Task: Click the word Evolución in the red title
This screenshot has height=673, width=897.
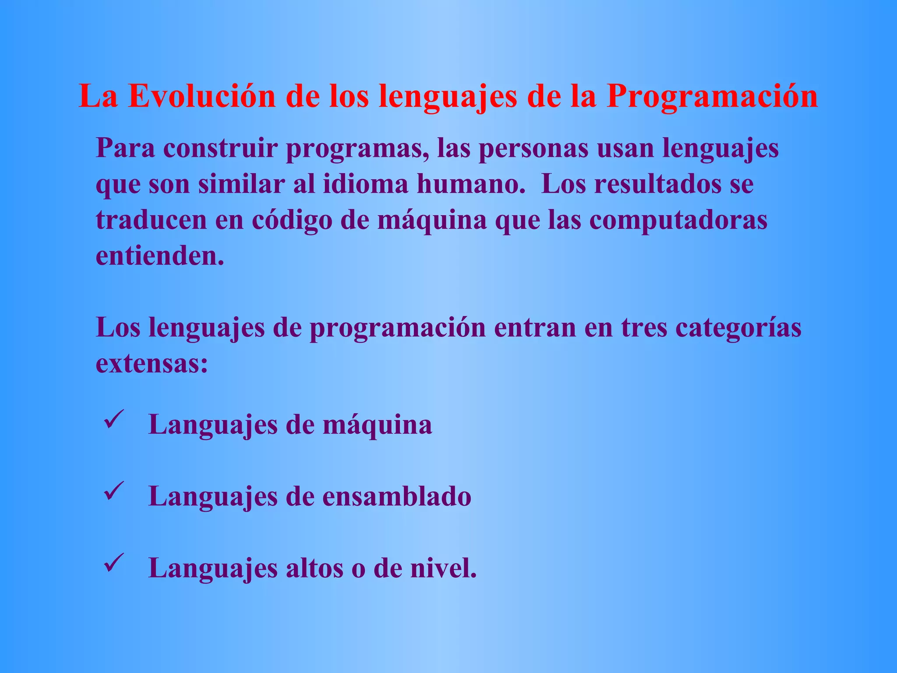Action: click(x=201, y=96)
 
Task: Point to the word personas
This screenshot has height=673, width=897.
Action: click(x=533, y=148)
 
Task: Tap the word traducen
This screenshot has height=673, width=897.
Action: click(x=151, y=220)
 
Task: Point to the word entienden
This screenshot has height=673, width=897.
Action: click(x=160, y=256)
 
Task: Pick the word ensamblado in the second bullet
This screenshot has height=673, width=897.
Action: click(x=397, y=497)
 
